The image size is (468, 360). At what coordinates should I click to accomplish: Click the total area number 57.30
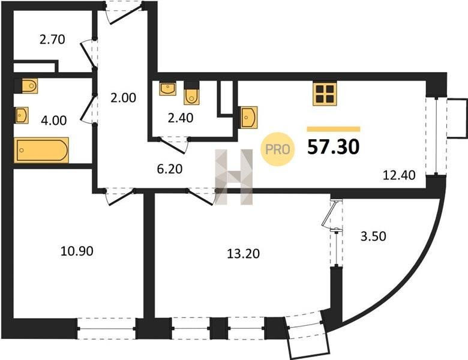334,147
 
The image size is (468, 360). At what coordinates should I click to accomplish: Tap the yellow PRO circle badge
278,149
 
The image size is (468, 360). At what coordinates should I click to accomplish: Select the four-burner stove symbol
325,94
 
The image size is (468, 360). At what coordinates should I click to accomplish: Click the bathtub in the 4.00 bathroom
41,150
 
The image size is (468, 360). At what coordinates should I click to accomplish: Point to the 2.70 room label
52,40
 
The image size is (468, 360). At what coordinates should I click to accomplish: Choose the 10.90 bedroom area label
77,251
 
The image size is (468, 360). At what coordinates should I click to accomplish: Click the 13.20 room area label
243,253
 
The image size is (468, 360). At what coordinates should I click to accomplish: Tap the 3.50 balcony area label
373,236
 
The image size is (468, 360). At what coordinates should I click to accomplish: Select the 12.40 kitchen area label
399,175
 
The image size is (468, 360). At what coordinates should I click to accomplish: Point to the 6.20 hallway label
170,169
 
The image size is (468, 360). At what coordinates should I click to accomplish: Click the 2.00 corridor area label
123,98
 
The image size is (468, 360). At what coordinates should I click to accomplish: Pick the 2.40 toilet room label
180,118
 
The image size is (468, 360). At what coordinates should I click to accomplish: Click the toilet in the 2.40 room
191,93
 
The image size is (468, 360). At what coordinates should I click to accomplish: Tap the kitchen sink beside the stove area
249,118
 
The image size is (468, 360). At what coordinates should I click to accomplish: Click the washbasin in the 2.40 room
168,89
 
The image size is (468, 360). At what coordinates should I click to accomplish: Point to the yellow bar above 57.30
334,129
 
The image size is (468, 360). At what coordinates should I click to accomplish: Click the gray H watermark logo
234,177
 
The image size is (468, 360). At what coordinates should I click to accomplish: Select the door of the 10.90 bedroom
119,196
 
